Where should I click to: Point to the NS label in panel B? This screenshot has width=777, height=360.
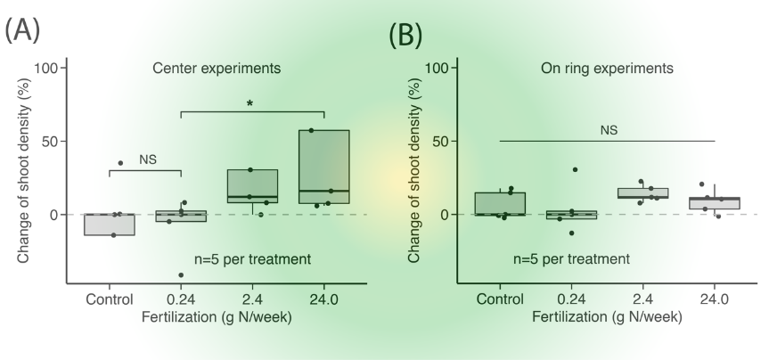point(609,130)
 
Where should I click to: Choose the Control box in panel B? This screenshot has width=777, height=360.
point(500,204)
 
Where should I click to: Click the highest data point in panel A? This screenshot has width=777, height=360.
point(311,131)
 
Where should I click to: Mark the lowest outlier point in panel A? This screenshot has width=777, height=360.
point(181,274)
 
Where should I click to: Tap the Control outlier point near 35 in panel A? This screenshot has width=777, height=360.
point(120,163)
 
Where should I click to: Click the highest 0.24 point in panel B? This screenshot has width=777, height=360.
point(576,169)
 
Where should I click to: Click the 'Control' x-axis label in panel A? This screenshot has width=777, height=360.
point(110,299)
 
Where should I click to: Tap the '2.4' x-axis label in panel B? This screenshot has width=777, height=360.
point(642,299)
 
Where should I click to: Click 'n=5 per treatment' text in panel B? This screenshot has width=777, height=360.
point(572,259)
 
